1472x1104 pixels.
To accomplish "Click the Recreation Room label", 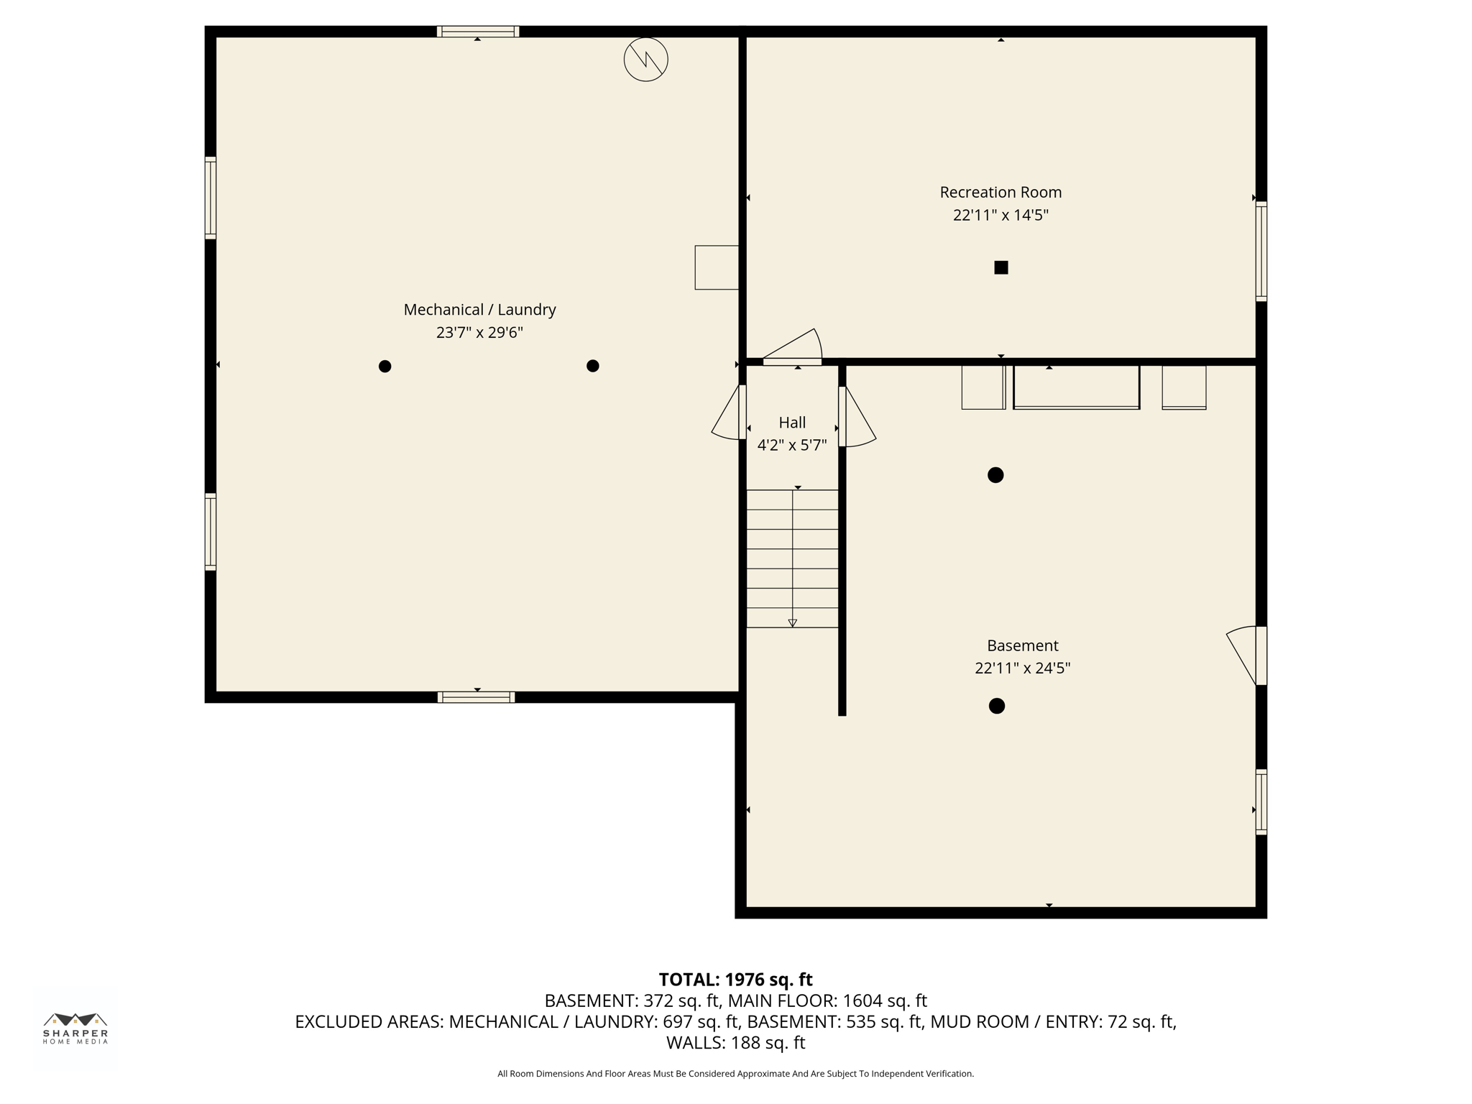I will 1000,192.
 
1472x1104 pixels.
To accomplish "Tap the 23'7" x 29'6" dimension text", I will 479,333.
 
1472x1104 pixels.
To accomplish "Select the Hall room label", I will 792,423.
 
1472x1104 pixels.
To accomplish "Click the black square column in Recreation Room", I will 1000,267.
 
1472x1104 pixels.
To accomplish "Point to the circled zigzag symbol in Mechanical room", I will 645,60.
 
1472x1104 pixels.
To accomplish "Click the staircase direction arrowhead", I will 792,623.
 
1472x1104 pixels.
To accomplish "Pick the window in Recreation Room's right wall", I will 1261,252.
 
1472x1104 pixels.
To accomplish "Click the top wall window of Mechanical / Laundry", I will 478,32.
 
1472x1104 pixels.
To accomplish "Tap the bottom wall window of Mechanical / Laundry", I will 476,696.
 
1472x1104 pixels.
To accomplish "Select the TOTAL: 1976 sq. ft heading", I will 735,980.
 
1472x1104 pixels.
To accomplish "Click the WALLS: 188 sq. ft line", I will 735,1042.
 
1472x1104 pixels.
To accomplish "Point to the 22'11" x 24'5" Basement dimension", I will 1022,668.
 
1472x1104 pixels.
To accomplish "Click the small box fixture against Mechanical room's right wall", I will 717,267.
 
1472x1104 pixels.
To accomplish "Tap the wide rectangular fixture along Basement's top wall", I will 1076,387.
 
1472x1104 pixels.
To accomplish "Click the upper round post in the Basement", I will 995,475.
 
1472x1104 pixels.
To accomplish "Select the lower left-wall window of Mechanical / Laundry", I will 211,532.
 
